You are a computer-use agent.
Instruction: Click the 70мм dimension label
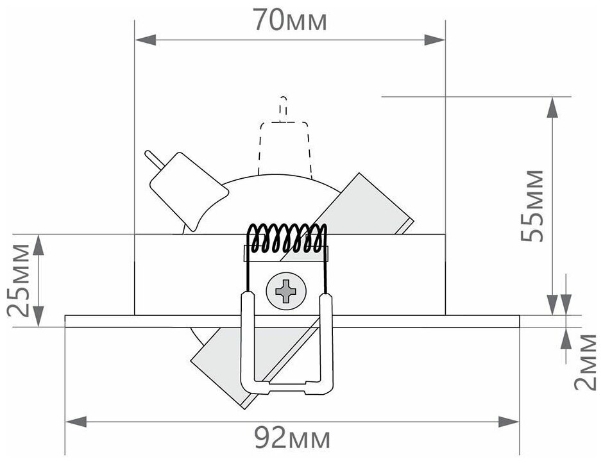[x=289, y=21]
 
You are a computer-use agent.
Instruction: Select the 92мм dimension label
[x=292, y=440]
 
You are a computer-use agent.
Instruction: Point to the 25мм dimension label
[x=21, y=279]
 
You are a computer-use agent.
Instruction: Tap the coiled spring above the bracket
[x=287, y=238]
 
